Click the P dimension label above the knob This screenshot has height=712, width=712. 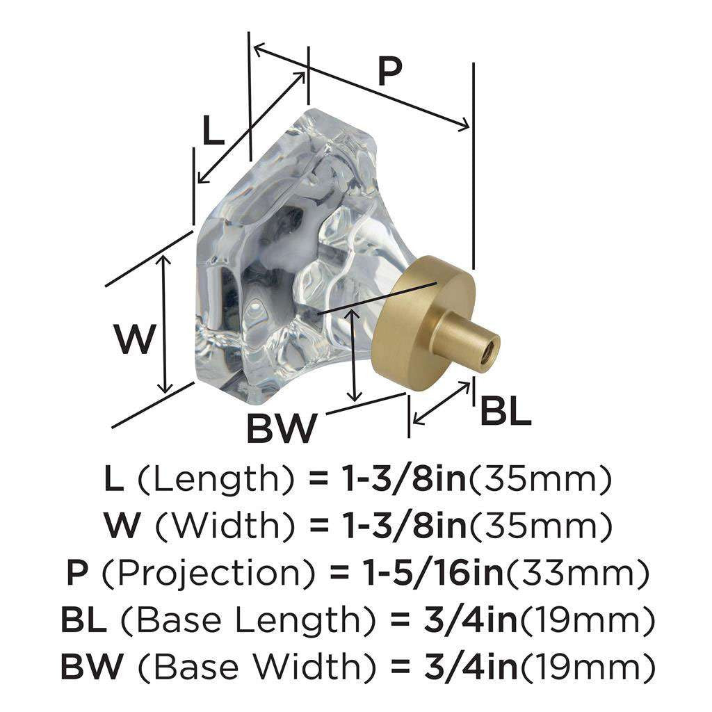click(x=390, y=71)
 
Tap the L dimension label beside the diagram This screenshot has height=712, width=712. click(x=213, y=131)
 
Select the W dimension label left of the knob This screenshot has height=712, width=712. click(x=133, y=340)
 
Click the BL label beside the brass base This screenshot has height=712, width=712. click(x=505, y=412)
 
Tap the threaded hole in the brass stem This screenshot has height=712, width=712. click(x=490, y=341)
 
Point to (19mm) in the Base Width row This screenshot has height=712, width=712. click(x=588, y=668)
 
